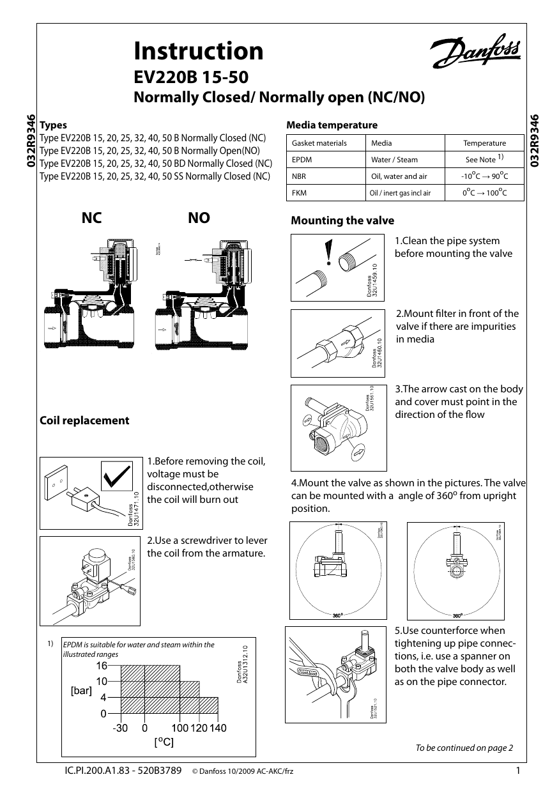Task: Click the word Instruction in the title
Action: click(199, 51)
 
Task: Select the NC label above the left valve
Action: click(92, 219)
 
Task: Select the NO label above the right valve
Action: click(199, 219)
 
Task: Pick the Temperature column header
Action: click(484, 143)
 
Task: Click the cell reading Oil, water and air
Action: click(399, 176)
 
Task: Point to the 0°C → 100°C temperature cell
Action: click(484, 192)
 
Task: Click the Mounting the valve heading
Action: click(342, 221)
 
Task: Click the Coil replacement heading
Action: click(84, 420)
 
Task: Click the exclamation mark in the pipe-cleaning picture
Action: click(328, 252)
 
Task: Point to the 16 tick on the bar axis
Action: click(102, 666)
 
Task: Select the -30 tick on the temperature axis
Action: click(120, 728)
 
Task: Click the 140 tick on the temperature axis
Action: click(218, 728)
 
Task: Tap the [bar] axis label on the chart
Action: click(81, 691)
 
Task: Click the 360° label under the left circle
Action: click(338, 615)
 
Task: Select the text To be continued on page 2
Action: click(464, 748)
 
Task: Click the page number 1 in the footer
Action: click(518, 771)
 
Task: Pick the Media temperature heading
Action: click(332, 125)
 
